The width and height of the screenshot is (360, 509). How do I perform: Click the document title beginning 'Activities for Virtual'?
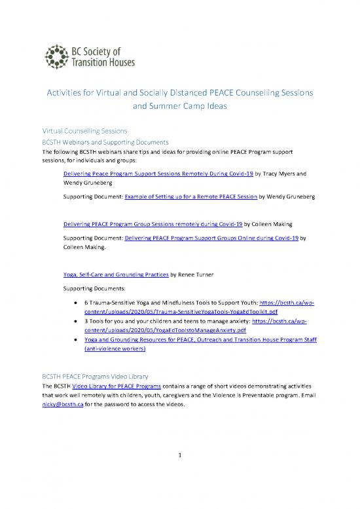coord(179,93)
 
